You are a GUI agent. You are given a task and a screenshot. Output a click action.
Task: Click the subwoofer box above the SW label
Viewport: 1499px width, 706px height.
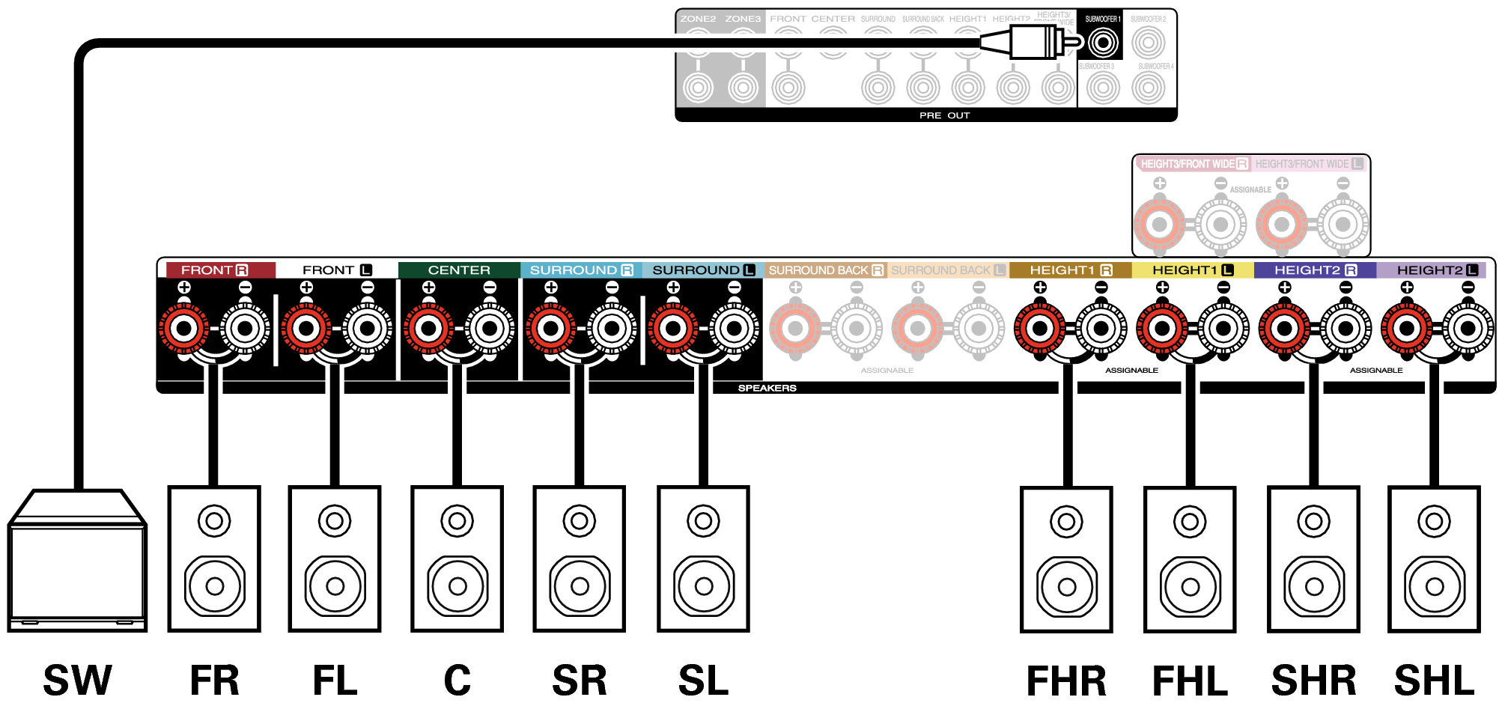pyautogui.click(x=77, y=562)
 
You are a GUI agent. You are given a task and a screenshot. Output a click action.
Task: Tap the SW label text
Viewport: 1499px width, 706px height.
pyautogui.click(x=77, y=681)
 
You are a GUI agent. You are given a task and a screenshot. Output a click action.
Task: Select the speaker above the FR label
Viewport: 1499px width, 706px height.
pyautogui.click(x=214, y=559)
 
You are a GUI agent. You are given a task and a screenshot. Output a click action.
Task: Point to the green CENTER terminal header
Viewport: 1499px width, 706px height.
pyautogui.click(x=459, y=270)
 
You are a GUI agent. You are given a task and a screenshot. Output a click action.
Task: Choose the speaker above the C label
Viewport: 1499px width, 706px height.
pyautogui.click(x=457, y=559)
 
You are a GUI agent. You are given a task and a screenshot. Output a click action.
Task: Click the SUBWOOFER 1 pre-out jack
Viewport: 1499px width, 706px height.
pyautogui.click(x=1102, y=43)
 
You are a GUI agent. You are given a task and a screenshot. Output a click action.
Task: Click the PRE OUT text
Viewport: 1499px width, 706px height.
pyautogui.click(x=944, y=115)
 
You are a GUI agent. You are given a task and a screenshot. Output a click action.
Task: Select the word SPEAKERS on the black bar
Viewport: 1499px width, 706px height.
pyautogui.click(x=767, y=388)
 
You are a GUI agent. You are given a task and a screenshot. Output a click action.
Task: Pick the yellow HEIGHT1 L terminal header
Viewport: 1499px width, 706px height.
pyautogui.click(x=1192, y=270)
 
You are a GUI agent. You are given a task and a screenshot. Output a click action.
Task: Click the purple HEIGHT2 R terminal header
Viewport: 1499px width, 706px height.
pyautogui.click(x=1315, y=270)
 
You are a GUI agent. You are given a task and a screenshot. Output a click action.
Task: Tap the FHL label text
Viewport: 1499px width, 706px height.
pyautogui.click(x=1190, y=681)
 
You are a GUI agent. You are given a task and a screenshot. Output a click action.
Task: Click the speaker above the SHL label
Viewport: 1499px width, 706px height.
pyautogui.click(x=1434, y=559)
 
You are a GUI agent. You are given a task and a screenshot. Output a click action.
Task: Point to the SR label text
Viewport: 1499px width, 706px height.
pyautogui.click(x=580, y=681)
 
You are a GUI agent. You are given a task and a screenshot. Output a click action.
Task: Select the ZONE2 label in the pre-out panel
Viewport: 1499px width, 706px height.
pyautogui.click(x=698, y=19)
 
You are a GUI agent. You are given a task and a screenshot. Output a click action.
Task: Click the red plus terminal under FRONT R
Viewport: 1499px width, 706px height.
pyautogui.click(x=184, y=328)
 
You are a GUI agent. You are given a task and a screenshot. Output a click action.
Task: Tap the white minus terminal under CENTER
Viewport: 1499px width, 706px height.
pyautogui.click(x=490, y=328)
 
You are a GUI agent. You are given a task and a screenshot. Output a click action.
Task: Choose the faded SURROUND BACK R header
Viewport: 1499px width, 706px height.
pyautogui.click(x=826, y=270)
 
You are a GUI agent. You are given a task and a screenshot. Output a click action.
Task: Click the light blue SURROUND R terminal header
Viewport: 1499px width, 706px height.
pyautogui.click(x=581, y=270)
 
